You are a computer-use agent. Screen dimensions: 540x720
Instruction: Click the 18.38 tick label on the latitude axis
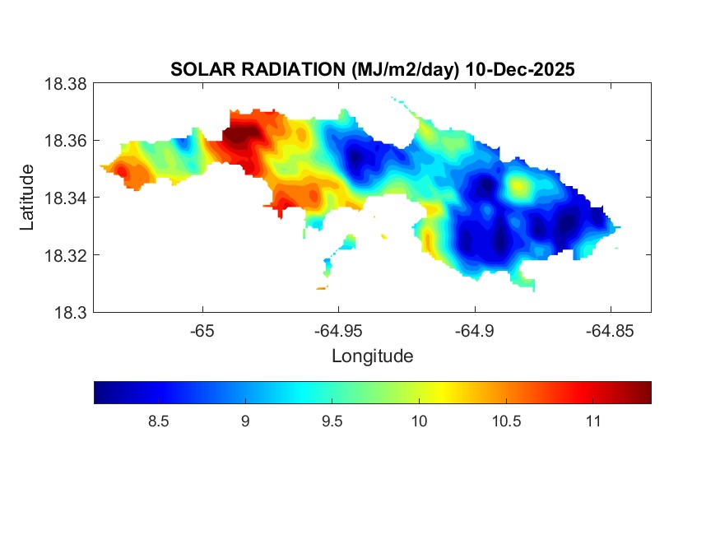65,84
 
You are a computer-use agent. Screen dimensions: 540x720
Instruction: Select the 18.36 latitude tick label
65,141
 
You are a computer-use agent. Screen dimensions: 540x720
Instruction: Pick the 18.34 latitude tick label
65,198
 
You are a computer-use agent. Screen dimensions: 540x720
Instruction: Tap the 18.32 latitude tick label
65,255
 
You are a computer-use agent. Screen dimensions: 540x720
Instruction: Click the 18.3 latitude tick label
70,312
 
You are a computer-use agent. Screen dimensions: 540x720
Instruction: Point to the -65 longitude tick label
202,331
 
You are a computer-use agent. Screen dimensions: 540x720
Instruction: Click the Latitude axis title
28,198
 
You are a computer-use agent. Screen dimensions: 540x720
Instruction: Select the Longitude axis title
372,356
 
